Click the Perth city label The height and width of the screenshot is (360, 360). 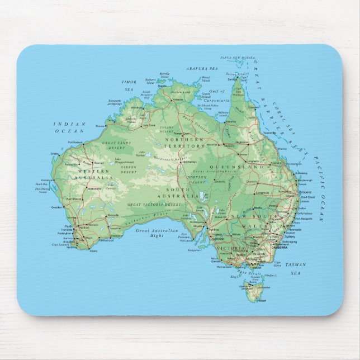(x=68, y=225)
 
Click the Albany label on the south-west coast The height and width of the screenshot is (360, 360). (x=93, y=251)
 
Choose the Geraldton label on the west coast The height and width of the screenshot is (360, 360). (x=56, y=206)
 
